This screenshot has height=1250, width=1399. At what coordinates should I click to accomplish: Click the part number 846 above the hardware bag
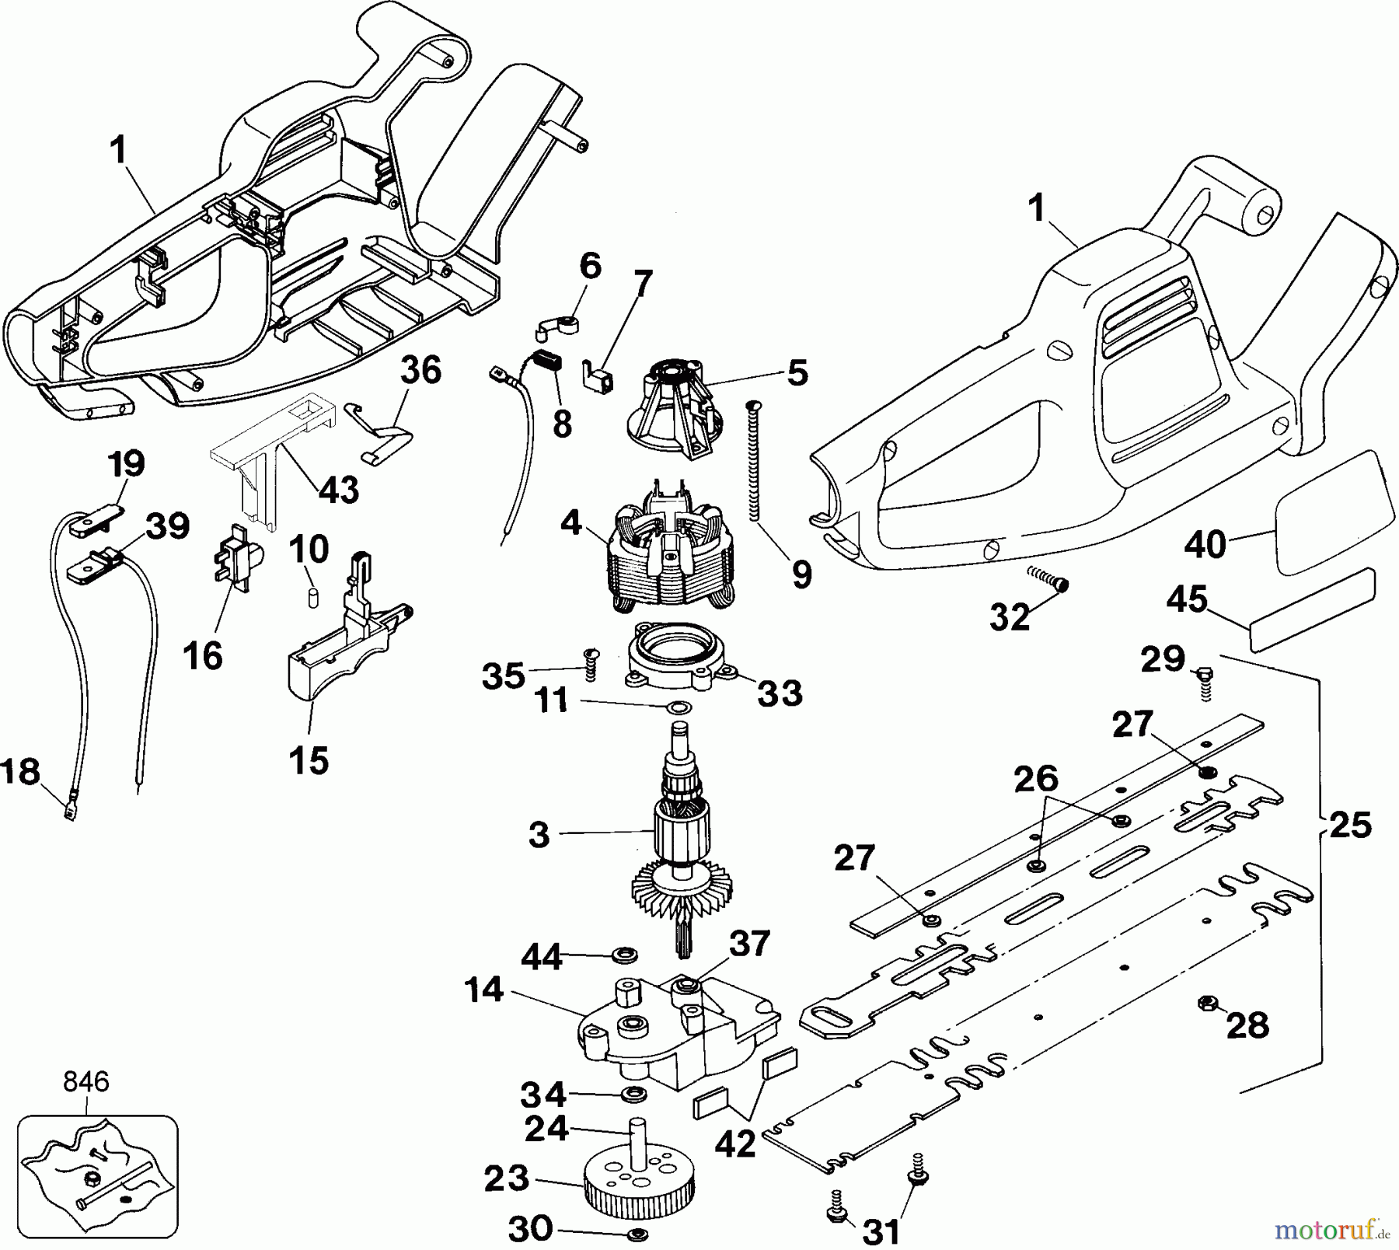[86, 1081]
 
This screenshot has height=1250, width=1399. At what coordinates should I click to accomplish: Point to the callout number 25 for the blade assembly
[1349, 825]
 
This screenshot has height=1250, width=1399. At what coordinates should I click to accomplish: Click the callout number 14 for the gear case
[483, 990]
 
